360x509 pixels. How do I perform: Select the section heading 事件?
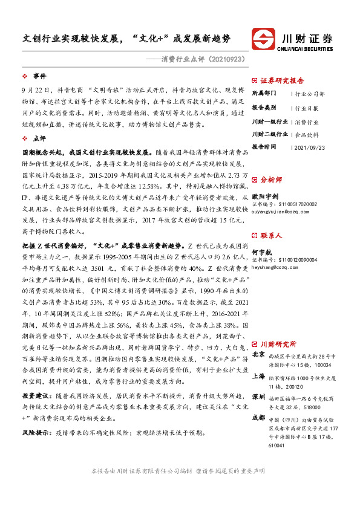coord(40,76)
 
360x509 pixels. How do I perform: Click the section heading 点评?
coord(40,138)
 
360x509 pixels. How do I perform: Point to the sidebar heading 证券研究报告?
coord(282,80)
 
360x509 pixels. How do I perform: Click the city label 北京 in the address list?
coord(258,354)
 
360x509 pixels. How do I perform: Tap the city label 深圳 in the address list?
coord(258,396)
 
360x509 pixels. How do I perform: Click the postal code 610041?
coord(276,446)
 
